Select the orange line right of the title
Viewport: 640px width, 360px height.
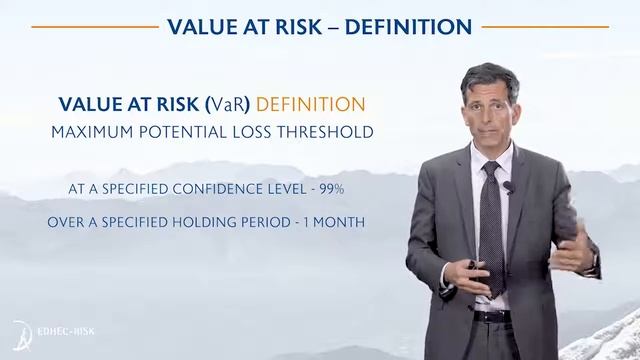(x=545, y=27)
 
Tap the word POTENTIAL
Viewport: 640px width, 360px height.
(x=195, y=131)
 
